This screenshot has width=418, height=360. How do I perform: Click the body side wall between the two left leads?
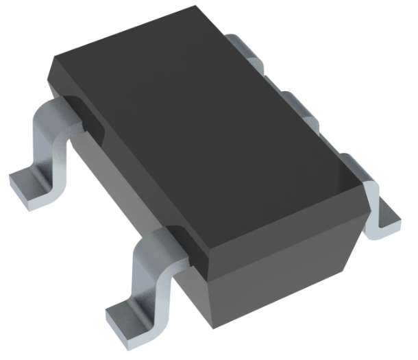[x=110, y=178]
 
